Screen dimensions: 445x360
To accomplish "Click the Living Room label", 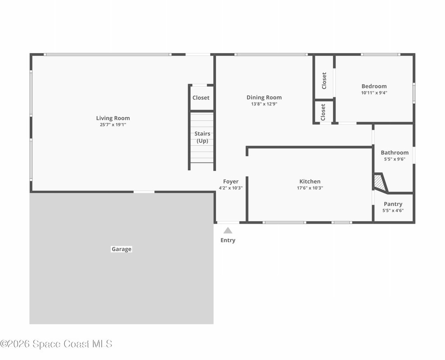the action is click(x=113, y=118).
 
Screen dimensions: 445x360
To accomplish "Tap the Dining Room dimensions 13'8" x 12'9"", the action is click(x=264, y=104).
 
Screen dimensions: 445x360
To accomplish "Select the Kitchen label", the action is click(x=310, y=181).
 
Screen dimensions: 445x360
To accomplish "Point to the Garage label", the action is click(x=121, y=249).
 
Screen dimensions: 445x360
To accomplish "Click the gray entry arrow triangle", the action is click(x=228, y=230).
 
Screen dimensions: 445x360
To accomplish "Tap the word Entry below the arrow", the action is click(x=228, y=240).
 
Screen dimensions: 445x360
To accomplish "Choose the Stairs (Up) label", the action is click(x=202, y=137).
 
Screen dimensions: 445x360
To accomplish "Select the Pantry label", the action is click(x=393, y=204).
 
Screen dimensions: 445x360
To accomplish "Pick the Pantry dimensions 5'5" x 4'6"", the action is click(x=393, y=211).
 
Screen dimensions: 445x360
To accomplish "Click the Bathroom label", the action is click(x=395, y=153).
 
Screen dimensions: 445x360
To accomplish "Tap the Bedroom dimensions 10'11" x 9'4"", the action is click(x=374, y=93).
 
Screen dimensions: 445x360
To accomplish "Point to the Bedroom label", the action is click(x=374, y=86).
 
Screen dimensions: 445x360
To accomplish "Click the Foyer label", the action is click(x=231, y=181).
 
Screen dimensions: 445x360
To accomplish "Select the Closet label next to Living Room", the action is click(x=201, y=98).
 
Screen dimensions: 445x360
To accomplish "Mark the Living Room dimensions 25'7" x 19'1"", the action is click(x=113, y=125).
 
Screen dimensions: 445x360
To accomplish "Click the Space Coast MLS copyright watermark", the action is click(x=56, y=344).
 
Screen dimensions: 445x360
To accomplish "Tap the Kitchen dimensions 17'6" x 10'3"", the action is click(x=310, y=188).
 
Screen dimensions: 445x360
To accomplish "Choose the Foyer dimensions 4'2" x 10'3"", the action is click(x=231, y=188).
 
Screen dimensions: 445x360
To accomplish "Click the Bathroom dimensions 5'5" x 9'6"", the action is click(x=395, y=159).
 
